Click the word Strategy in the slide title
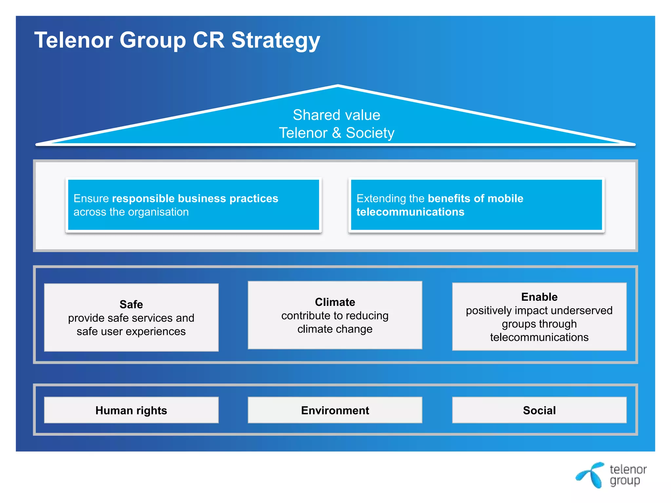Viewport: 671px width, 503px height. (x=276, y=41)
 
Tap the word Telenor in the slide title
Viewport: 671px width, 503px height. (x=74, y=40)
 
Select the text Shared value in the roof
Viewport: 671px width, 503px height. (x=336, y=115)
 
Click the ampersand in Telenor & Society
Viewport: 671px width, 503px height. (x=336, y=133)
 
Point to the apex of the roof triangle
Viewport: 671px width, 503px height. (x=338, y=86)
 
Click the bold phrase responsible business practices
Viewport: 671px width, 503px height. (x=195, y=198)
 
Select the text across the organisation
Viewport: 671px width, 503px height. (x=131, y=212)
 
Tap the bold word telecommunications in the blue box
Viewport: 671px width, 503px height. (x=410, y=212)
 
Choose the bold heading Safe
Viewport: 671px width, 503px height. (x=131, y=305)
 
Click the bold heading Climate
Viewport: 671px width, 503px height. (x=335, y=302)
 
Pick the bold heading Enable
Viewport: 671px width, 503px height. (x=539, y=297)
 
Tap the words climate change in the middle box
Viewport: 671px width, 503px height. (x=335, y=329)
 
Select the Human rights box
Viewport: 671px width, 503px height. (x=131, y=410)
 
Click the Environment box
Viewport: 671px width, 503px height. (x=335, y=410)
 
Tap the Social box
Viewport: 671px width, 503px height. (x=539, y=410)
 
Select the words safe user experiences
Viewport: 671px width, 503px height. (x=131, y=332)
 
